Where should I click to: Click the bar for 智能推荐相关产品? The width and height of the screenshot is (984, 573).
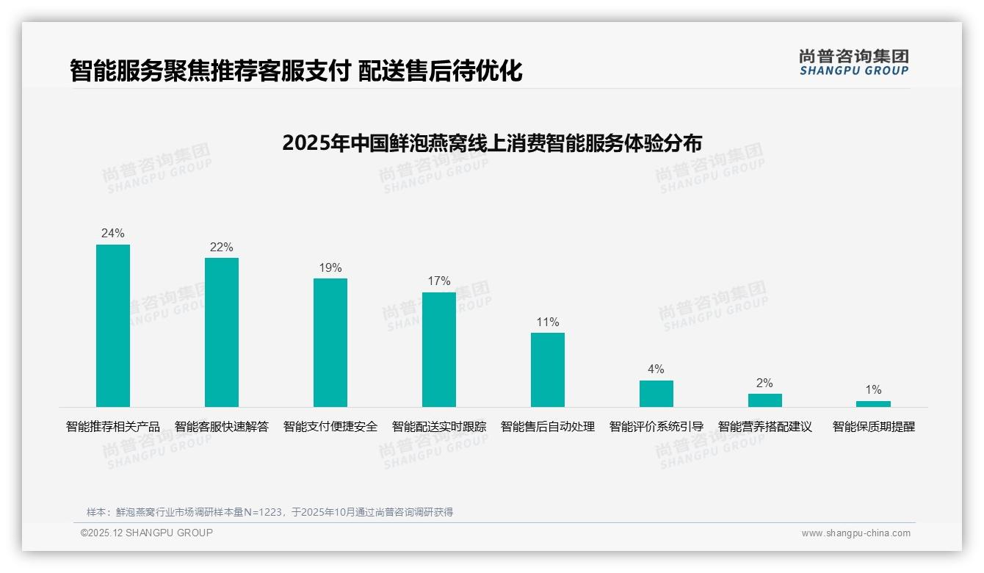[113, 325]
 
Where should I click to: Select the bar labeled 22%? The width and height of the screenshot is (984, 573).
[222, 332]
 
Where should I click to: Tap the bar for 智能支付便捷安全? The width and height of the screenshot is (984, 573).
[330, 342]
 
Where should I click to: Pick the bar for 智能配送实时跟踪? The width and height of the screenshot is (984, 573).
[439, 350]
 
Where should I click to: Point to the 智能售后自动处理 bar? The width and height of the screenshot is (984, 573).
[548, 370]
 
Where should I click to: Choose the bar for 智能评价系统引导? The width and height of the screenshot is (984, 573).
[656, 394]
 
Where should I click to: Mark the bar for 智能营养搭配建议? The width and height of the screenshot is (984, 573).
[765, 400]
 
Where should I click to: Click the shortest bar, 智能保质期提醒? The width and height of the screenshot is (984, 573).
[873, 404]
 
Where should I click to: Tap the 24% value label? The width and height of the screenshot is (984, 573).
[113, 234]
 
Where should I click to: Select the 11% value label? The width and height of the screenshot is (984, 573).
[548, 322]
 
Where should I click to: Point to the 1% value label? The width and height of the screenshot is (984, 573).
[873, 390]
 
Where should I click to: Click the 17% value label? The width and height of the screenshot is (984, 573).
[439, 281]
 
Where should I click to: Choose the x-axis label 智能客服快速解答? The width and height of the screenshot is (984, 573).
[222, 427]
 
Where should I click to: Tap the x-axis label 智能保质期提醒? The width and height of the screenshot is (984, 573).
[874, 427]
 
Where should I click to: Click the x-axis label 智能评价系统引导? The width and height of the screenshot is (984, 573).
[656, 427]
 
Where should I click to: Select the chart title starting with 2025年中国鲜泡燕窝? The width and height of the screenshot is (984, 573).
[492, 143]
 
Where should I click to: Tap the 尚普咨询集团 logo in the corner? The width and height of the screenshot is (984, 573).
[854, 62]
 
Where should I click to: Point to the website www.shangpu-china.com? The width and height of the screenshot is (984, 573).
[855, 533]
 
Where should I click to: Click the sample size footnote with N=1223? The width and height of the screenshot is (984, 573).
[269, 512]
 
